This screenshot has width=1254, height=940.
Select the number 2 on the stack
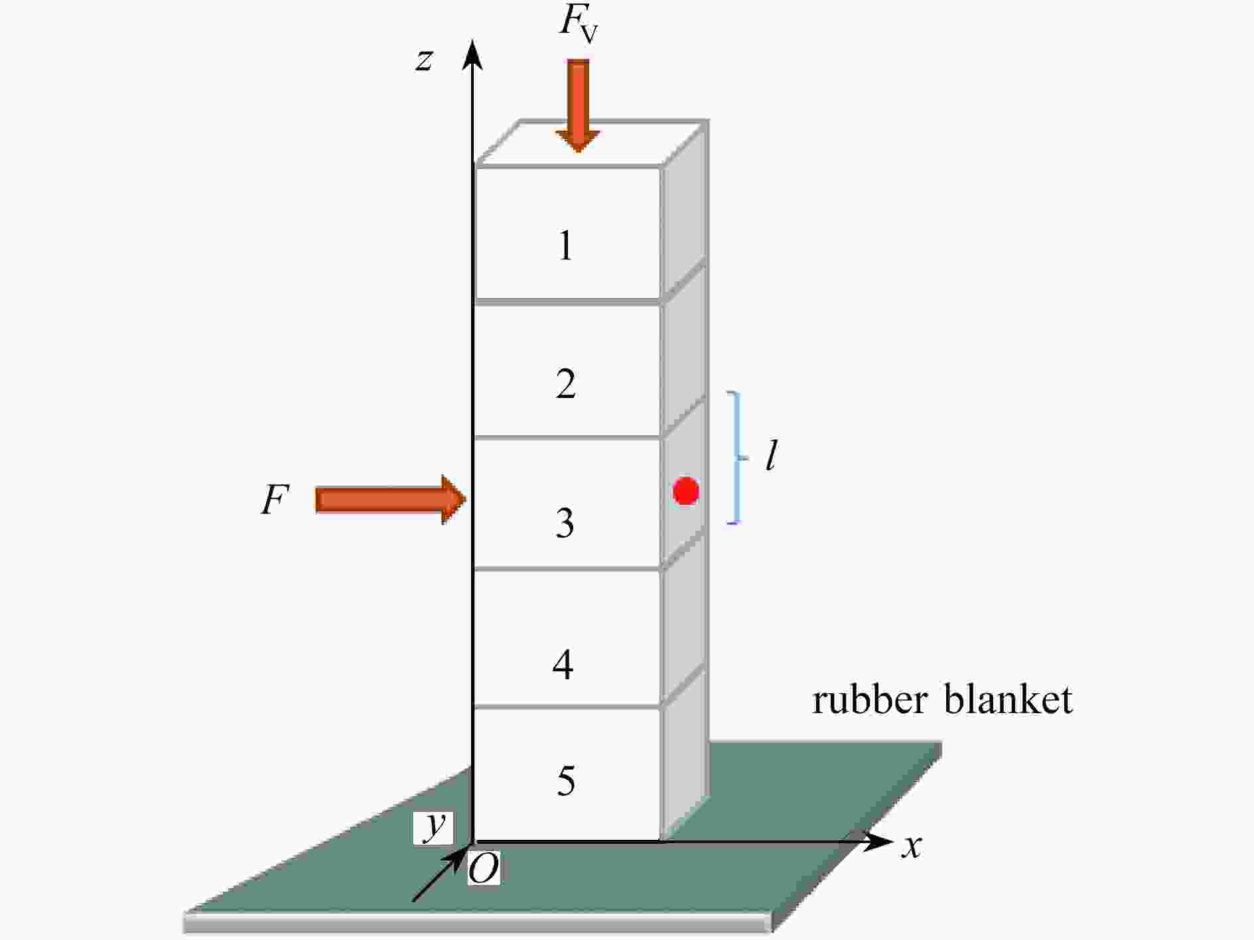tap(565, 383)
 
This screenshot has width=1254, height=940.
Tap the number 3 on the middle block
tap(565, 523)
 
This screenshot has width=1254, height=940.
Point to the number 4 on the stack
tap(563, 663)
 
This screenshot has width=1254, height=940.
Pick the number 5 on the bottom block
tap(565, 780)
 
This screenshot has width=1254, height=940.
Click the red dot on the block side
tap(685, 492)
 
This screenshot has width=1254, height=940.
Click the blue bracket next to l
tap(736, 458)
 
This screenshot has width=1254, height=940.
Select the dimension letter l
tap(770, 456)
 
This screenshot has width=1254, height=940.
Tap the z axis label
tap(424, 60)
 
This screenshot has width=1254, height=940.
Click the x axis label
tap(912, 846)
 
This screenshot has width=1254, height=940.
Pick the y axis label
tap(435, 826)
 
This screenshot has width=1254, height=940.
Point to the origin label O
tap(484, 868)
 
